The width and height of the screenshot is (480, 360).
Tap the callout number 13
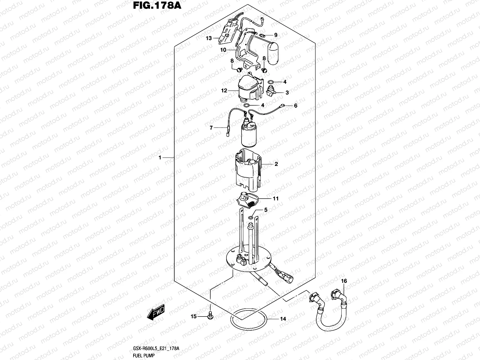(x=209, y=38)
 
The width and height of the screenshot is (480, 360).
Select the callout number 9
(x=275, y=35)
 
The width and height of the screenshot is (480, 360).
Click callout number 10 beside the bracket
(x=223, y=50)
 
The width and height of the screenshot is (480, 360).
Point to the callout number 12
(x=224, y=91)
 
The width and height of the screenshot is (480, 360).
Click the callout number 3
(x=287, y=93)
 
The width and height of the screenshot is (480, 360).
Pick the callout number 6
(x=295, y=106)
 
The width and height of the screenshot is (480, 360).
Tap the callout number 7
(x=211, y=128)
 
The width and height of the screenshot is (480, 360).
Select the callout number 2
(x=276, y=164)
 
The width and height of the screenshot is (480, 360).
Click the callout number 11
(x=276, y=199)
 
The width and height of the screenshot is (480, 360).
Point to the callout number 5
(x=265, y=210)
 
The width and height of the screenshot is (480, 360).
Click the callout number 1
(x=160, y=157)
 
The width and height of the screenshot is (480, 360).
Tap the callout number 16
(x=344, y=281)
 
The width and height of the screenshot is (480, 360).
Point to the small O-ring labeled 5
(x=251, y=217)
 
